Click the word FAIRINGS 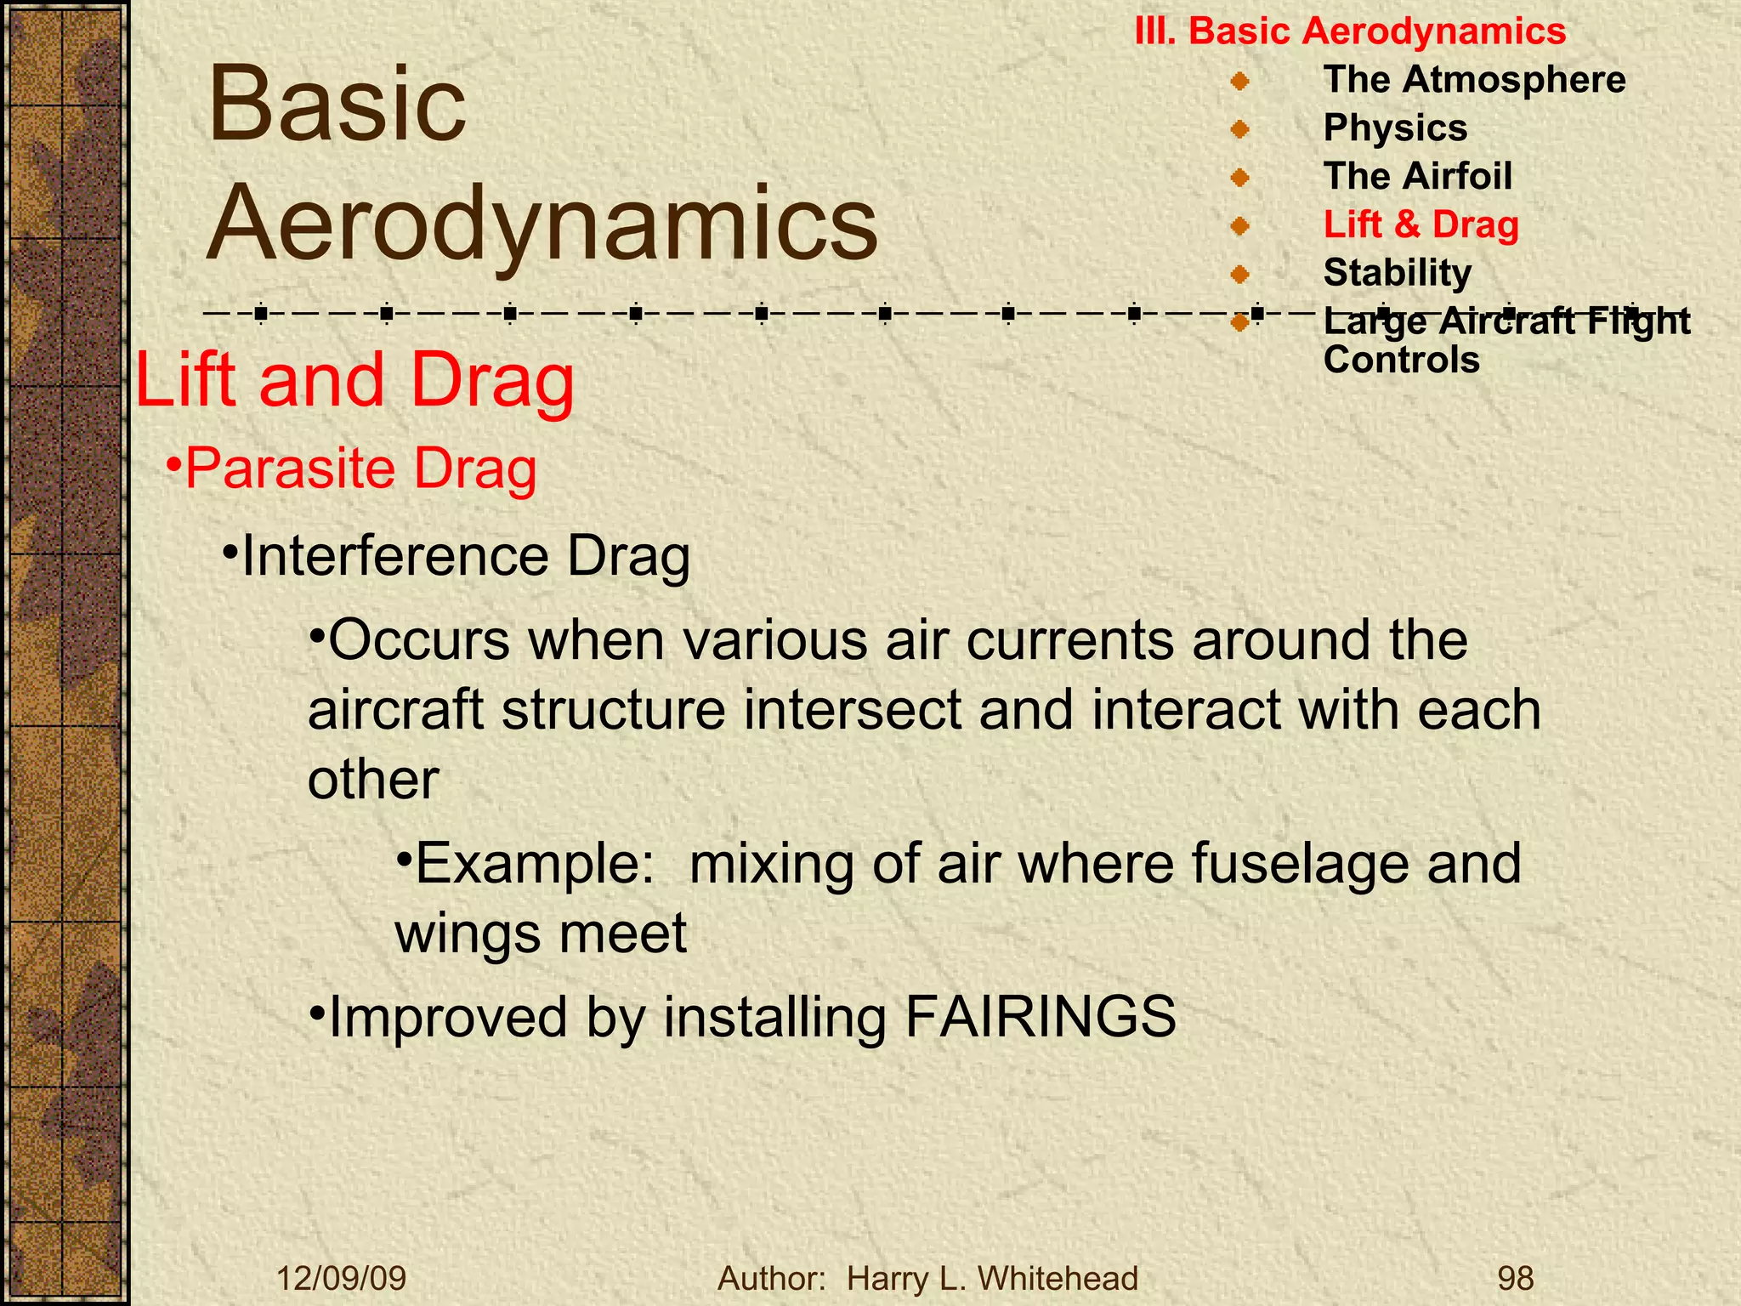[1040, 1016]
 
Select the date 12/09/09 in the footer [342, 1278]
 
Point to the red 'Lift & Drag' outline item [1421, 224]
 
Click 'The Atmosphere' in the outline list [1474, 79]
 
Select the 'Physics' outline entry [1395, 128]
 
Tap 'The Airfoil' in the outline [1417, 176]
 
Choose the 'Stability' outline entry [1397, 273]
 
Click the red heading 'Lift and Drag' [354, 380]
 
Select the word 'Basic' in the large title [337, 105]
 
